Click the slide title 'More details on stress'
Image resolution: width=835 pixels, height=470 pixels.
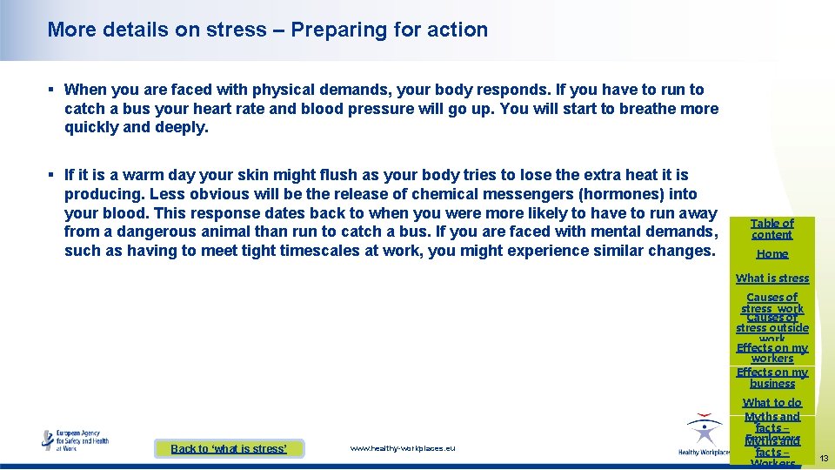[157, 30]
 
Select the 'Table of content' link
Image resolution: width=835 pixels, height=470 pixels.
[772, 229]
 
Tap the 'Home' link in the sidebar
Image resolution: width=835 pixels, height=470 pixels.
[772, 254]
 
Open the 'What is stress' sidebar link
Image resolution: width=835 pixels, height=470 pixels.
[772, 279]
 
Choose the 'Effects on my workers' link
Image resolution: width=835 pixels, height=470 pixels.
[772, 353]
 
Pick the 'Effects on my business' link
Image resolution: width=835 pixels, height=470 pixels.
[772, 378]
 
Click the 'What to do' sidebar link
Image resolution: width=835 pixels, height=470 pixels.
[772, 403]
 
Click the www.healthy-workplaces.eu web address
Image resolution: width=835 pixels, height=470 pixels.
[402, 448]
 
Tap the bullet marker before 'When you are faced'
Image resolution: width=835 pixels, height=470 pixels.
[51, 90]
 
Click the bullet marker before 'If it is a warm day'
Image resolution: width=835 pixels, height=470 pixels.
[51, 175]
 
